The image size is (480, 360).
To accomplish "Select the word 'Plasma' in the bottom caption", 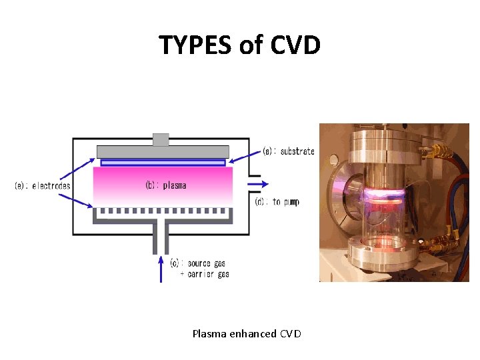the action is coord(209,333).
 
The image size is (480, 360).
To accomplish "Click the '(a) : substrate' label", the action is coord(288,151).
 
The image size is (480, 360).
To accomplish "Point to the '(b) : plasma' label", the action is coord(165,185).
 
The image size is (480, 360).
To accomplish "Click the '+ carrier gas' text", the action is coord(205,274).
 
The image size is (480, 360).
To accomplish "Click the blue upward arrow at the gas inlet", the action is coord(160,269).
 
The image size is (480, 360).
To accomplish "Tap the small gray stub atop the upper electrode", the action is coord(161,139).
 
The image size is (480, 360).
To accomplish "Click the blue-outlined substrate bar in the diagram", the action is coord(163,162).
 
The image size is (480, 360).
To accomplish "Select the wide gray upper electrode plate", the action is coord(163,151).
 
